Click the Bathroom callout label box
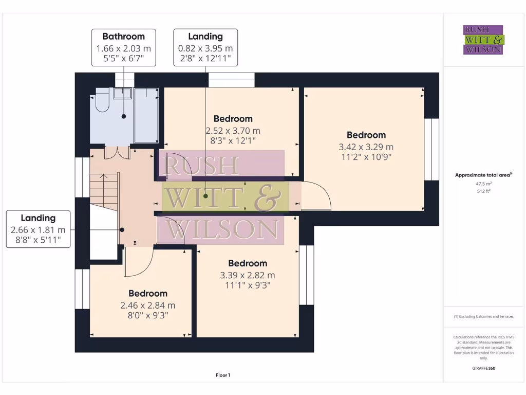[123, 47]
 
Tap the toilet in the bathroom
[100, 103]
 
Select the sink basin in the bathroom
[123, 94]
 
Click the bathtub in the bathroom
[146, 115]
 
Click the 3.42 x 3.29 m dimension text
[366, 147]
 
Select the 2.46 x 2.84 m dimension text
[147, 305]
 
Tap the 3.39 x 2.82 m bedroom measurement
[247, 275]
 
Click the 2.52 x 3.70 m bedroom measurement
[233, 131]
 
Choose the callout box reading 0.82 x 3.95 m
[205, 47]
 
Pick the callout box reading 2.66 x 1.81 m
[38, 229]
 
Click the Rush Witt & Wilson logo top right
[483, 40]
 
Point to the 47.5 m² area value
[483, 183]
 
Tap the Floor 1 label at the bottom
[222, 375]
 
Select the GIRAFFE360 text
[483, 368]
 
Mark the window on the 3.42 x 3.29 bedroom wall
[431, 149]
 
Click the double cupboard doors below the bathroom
[117, 153]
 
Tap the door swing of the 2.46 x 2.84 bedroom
[138, 260]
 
